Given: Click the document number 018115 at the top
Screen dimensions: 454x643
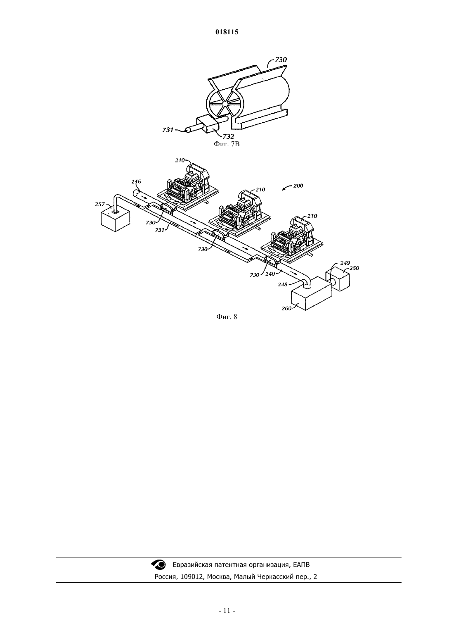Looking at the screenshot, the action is tap(227, 32).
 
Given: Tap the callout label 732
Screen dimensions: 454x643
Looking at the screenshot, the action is tap(228, 137).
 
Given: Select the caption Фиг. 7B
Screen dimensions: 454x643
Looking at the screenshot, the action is tap(227, 144).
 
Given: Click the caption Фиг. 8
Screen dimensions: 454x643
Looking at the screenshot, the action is tap(227, 317).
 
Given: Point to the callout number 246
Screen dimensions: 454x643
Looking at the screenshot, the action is tap(136, 181).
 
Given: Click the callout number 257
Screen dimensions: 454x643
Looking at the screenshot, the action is tap(100, 205).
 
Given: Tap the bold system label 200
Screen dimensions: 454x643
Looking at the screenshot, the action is tap(298, 186).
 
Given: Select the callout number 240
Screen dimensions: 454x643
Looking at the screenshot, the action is tap(270, 274).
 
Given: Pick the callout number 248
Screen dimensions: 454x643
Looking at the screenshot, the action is tap(283, 284).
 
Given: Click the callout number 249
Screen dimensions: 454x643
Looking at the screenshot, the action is tap(345, 263).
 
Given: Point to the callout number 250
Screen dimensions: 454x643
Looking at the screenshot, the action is tap(354, 268).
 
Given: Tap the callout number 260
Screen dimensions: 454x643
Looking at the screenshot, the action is tap(286, 309).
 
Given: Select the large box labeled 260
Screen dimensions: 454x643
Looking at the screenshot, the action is tap(311, 293).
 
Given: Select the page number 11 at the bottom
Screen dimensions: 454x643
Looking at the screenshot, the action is tap(227, 610).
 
